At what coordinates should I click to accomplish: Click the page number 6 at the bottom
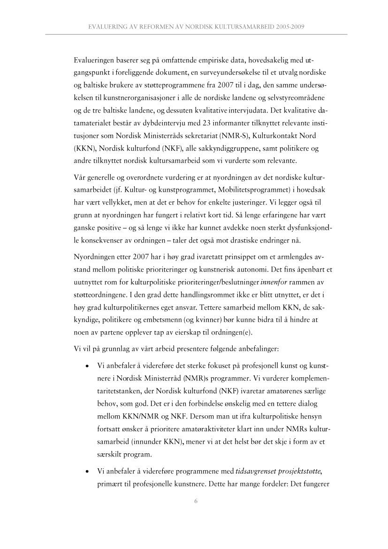197,502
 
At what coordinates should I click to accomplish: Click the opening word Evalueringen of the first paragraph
97,61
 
